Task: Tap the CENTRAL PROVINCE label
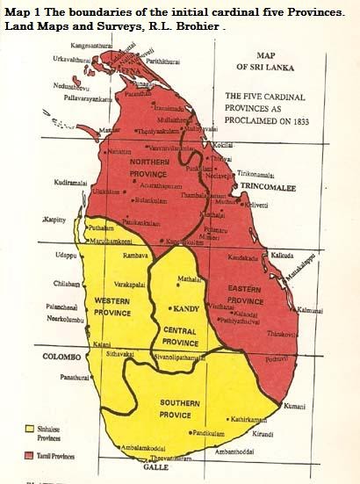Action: click(187, 335)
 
